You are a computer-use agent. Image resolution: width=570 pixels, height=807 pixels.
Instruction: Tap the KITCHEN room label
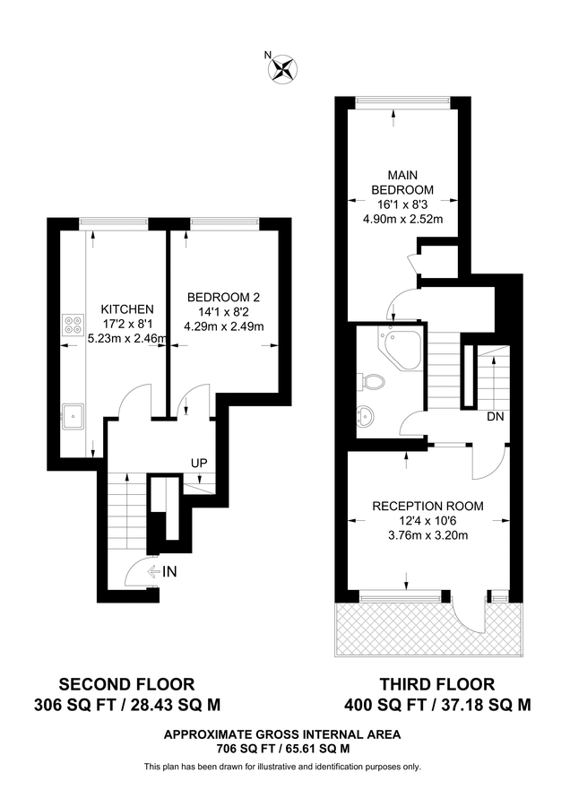120,308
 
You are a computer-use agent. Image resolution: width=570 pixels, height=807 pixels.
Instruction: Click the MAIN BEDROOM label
402,182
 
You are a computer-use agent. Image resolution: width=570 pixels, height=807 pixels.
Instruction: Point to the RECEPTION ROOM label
427,506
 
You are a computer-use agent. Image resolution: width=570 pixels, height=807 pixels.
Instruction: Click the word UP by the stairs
199,464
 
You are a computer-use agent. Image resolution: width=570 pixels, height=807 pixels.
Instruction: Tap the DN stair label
494,417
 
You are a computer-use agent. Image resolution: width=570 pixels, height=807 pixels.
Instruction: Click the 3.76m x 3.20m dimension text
427,536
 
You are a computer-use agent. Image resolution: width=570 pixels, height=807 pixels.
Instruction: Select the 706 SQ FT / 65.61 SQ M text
282,748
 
